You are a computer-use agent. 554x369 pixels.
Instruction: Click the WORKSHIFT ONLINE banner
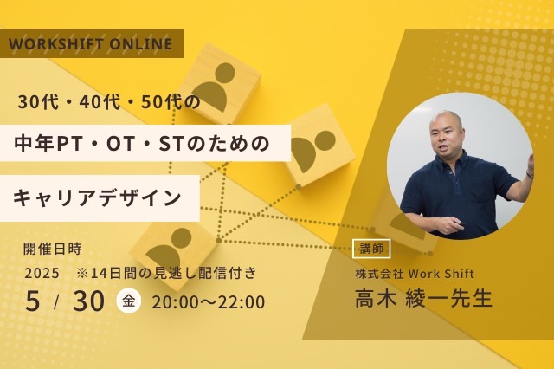click(91, 43)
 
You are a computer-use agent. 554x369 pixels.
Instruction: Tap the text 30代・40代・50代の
click(109, 101)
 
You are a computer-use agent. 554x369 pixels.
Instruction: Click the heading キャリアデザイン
click(98, 197)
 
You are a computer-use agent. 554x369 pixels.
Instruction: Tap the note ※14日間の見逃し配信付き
click(166, 274)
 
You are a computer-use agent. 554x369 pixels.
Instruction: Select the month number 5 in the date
click(32, 301)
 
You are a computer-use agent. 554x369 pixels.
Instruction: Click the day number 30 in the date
click(89, 301)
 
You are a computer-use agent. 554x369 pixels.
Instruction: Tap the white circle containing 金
click(129, 301)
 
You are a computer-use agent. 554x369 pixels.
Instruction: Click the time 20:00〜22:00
click(208, 302)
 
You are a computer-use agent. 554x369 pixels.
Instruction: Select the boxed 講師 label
click(372, 249)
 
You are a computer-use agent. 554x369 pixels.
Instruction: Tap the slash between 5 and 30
click(57, 301)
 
